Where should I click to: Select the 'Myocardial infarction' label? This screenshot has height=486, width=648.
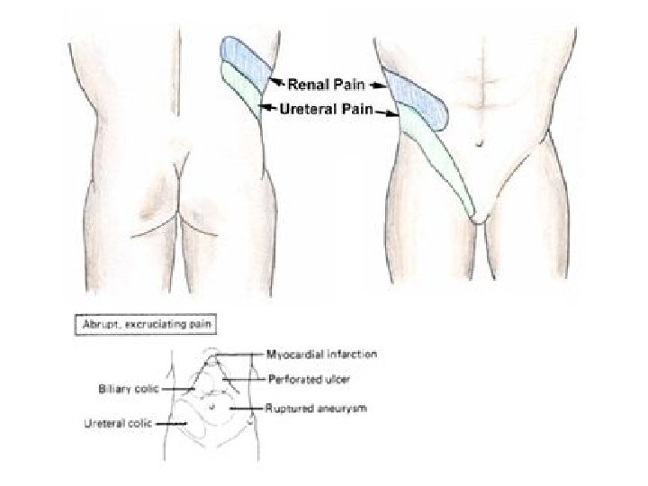(321, 355)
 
